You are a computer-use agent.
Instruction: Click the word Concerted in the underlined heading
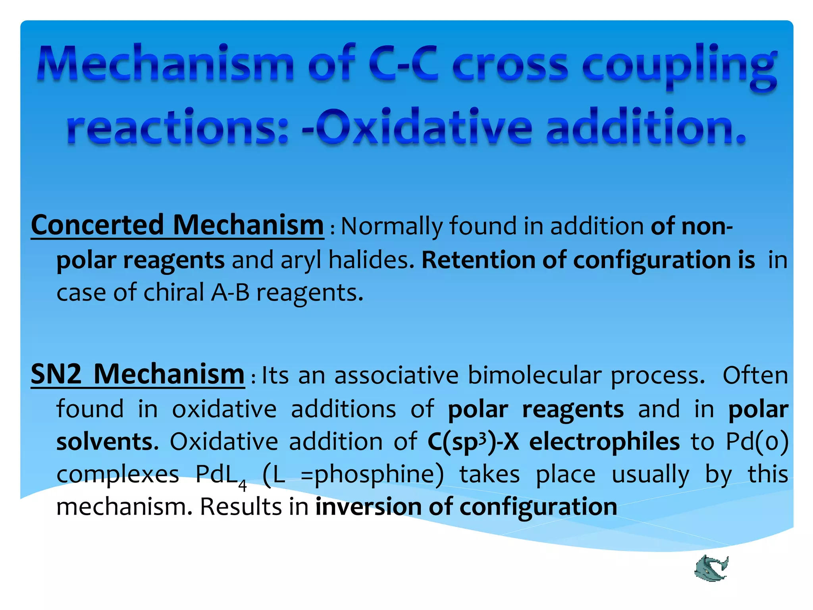pos(97,225)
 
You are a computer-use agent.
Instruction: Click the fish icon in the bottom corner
pos(711,568)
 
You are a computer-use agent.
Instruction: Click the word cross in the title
pos(510,66)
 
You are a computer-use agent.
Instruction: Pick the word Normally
pos(392,226)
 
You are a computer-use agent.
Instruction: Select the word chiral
pos(173,293)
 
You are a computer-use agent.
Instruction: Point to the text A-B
pos(230,293)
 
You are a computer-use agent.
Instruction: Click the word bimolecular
pos(534,375)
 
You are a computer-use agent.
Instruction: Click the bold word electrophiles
pos(604,442)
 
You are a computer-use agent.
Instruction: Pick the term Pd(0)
pos(757,442)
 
